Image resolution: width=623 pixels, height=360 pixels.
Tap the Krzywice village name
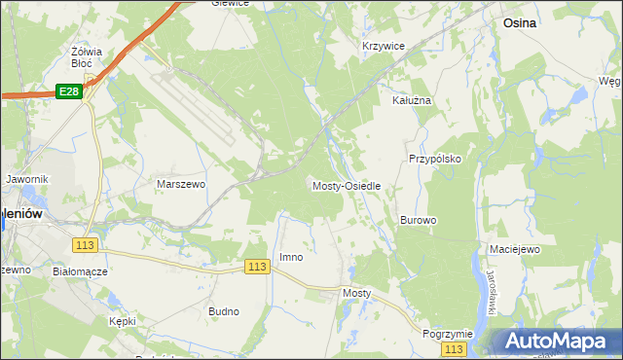click(x=383, y=46)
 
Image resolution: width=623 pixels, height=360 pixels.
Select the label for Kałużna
click(x=411, y=100)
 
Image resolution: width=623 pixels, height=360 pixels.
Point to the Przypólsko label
click(x=434, y=159)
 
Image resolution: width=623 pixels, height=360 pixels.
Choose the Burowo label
click(x=418, y=221)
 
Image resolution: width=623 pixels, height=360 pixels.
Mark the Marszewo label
click(x=181, y=183)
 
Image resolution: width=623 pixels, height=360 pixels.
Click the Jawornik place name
click(x=26, y=180)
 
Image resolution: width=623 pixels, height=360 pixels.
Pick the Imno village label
click(x=291, y=258)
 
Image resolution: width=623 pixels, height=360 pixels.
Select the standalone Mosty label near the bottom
click(x=357, y=292)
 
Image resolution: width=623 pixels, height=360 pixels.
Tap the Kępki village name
click(x=123, y=320)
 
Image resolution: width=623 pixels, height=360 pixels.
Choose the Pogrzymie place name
click(x=447, y=333)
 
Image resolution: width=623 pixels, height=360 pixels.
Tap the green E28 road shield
click(x=67, y=91)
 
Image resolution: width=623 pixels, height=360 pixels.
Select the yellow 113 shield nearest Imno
click(x=256, y=267)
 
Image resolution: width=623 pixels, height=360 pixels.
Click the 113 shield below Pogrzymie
click(x=454, y=348)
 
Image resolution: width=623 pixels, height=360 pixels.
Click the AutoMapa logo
click(x=558, y=341)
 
